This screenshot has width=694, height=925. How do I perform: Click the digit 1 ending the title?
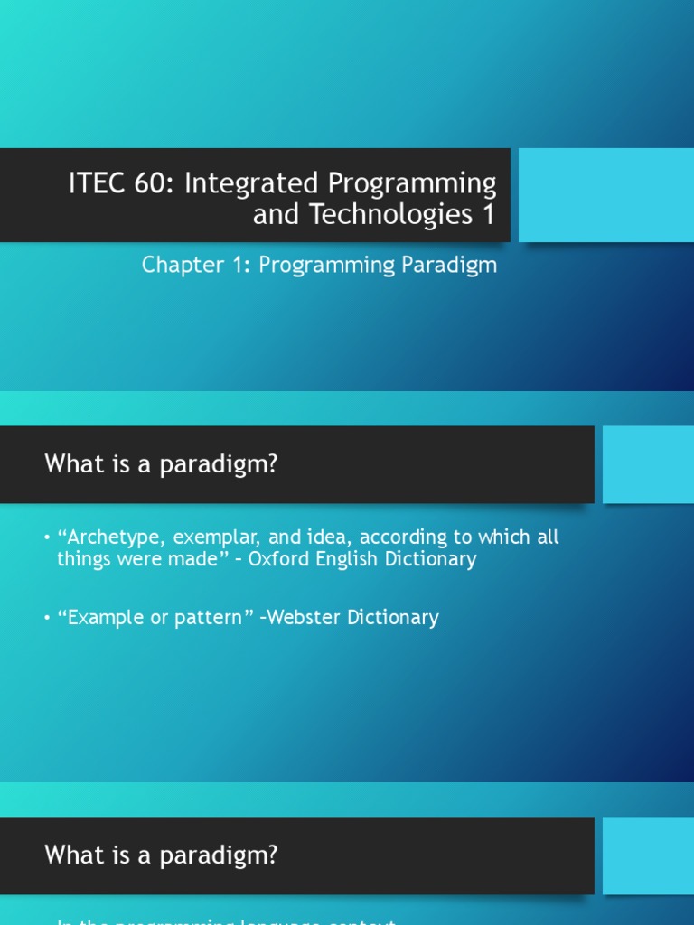(x=488, y=214)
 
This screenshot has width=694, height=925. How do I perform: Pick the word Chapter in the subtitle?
(x=178, y=266)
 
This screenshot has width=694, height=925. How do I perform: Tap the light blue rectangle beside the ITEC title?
(x=605, y=195)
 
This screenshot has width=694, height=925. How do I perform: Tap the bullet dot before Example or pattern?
(x=47, y=619)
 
